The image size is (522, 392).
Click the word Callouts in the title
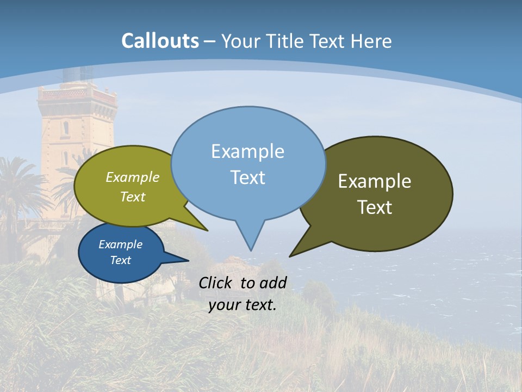[x=160, y=41]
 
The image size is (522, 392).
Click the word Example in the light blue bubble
[x=247, y=151]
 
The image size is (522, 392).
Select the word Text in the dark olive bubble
[x=375, y=207]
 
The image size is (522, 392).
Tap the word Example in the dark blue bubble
[x=120, y=244]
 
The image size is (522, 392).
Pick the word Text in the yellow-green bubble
[x=133, y=197]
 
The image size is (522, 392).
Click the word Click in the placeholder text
[x=216, y=283]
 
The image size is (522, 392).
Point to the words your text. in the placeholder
[x=243, y=305]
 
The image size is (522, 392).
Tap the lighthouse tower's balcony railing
[x=76, y=95]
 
